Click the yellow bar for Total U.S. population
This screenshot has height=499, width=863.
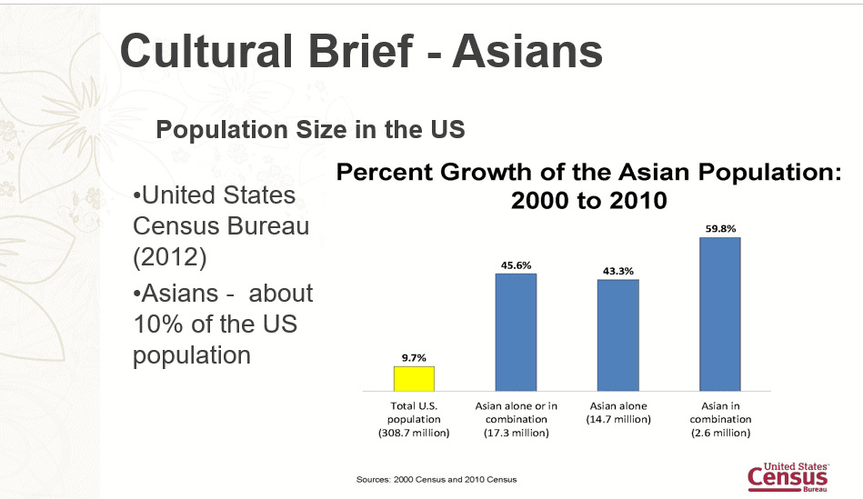coord(414,378)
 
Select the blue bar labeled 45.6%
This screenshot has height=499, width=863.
coord(516,333)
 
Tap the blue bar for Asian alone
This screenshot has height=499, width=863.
coord(618,335)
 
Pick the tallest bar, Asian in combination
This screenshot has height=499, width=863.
coord(720,314)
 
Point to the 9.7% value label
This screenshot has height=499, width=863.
coord(414,357)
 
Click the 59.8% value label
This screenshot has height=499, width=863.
coord(720,228)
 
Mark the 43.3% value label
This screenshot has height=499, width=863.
coord(618,271)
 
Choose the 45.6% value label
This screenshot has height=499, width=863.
coord(517,265)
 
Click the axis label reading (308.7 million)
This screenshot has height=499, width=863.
coord(414,433)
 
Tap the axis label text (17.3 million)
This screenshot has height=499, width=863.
coord(517,433)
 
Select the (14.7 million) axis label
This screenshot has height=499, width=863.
coord(618,419)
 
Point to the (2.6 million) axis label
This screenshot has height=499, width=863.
coord(720,433)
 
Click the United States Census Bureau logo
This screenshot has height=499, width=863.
coord(788,477)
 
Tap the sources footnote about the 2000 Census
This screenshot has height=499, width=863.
coord(437,479)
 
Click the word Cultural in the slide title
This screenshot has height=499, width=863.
coord(206,51)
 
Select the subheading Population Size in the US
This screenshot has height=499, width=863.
coord(310,130)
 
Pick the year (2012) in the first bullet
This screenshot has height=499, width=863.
coord(169,257)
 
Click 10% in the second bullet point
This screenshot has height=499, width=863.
coord(158,324)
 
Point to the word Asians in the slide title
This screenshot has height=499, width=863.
coord(527,51)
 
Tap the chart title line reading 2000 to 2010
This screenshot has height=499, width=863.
coord(589,200)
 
